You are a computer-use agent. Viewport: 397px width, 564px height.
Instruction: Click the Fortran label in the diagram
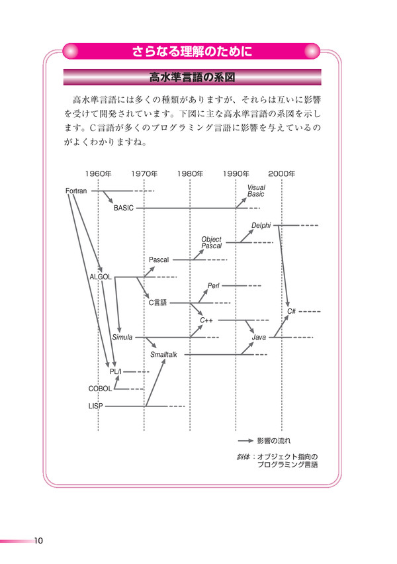point(76,191)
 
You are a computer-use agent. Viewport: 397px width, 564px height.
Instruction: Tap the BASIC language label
point(123,208)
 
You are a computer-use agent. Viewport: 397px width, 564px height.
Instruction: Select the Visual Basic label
point(256,191)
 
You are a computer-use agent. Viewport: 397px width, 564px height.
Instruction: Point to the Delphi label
point(261,226)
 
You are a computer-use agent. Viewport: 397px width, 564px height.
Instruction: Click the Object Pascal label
point(212,242)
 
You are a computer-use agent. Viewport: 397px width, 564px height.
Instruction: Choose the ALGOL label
point(101,277)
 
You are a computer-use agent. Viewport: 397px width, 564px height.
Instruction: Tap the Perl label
point(214,285)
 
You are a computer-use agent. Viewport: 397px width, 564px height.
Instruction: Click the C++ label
point(206,320)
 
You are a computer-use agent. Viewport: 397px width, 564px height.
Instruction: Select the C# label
point(291,312)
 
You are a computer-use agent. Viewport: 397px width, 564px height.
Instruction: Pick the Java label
point(259,338)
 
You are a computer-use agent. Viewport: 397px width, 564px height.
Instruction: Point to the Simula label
point(122,338)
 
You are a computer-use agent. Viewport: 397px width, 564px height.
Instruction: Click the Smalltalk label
point(163,355)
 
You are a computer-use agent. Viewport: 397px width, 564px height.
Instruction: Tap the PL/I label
point(115,371)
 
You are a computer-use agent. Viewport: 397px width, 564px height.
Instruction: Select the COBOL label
point(100,389)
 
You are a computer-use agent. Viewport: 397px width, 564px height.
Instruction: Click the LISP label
point(96,406)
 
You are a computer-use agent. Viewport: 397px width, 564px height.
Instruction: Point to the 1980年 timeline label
point(190,174)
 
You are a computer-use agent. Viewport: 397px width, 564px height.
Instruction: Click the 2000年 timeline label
point(282,174)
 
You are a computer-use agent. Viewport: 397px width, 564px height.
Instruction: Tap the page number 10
point(38,541)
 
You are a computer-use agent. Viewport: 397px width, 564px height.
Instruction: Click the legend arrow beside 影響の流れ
point(245,441)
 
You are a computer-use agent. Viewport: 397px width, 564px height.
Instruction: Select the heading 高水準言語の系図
point(192,77)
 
